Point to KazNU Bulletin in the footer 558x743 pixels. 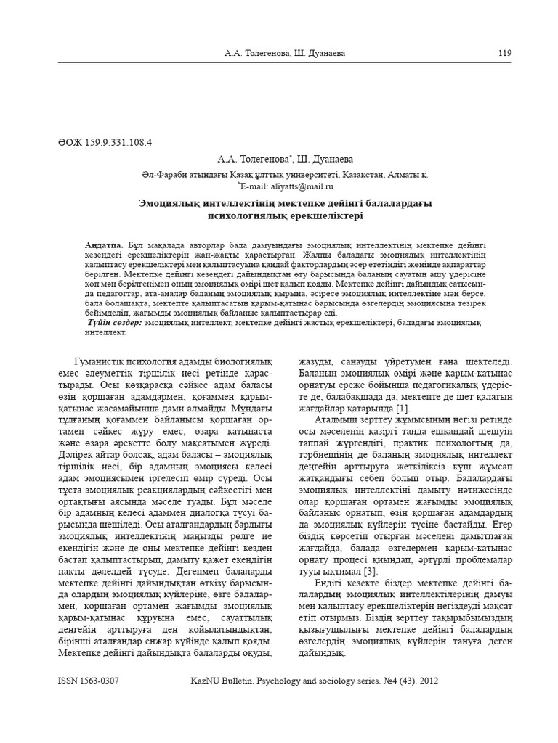(x=221, y=682)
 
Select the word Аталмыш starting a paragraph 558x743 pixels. (x=337, y=419)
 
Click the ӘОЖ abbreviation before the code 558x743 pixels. (x=68, y=143)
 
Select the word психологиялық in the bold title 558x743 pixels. (x=249, y=216)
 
